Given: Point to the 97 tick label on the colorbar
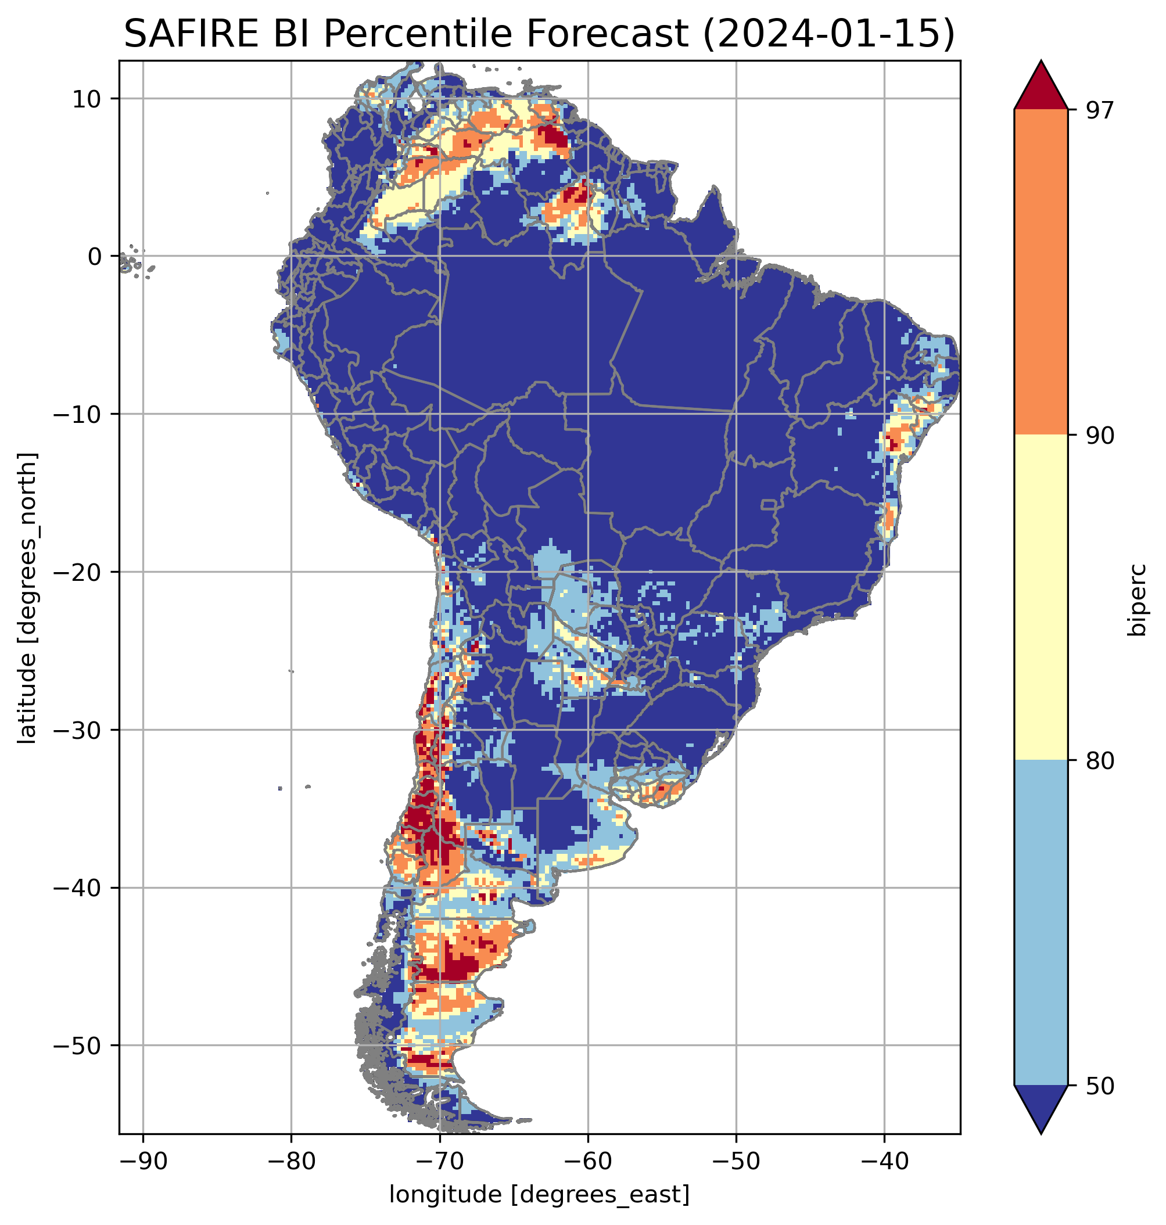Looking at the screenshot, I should (1099, 110).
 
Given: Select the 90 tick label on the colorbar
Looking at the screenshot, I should (1099, 436).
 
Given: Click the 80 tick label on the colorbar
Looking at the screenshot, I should (1099, 761).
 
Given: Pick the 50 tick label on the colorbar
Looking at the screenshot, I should (1099, 1087).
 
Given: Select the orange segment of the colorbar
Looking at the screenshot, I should (1041, 272).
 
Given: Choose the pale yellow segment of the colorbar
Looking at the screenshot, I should (1041, 598).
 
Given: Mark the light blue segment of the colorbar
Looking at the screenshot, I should (1041, 924).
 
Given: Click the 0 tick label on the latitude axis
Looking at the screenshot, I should (95, 257).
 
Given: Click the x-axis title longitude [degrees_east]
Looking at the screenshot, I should (540, 1194).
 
